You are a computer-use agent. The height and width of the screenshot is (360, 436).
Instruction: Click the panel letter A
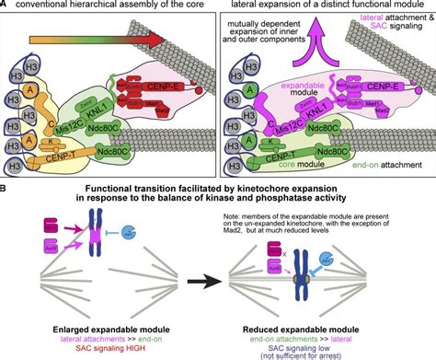[x=6, y=6]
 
